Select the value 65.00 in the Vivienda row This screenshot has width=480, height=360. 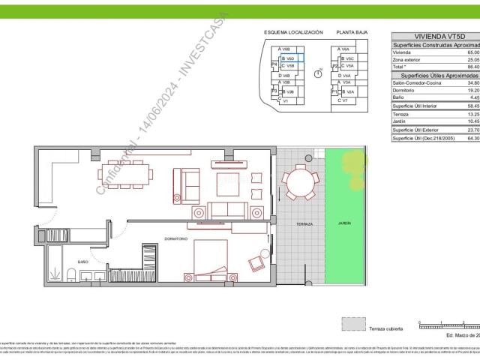tap(472, 52)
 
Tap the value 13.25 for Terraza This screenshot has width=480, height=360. tap(472, 114)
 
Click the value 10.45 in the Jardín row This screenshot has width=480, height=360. tap(472, 121)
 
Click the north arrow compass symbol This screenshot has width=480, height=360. tap(318, 73)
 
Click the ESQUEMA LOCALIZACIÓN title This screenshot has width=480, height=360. tap(293, 33)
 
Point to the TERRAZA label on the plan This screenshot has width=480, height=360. tap(304, 224)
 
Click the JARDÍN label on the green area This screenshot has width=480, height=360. tap(343, 223)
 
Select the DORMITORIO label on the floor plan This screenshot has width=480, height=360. tap(174, 238)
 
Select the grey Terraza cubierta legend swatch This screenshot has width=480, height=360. tap(352, 323)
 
